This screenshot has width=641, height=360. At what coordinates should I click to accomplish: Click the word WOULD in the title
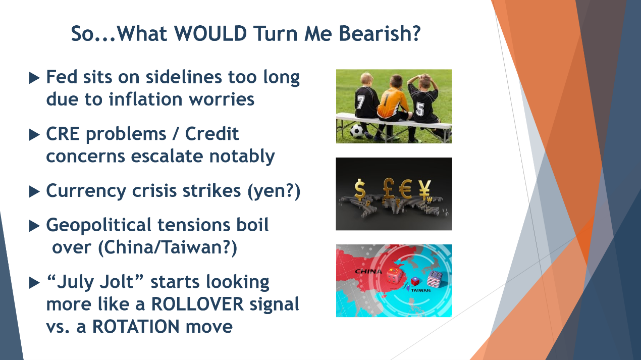pyautogui.click(x=210, y=33)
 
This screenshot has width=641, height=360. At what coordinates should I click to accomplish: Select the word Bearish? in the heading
pyautogui.click(x=380, y=33)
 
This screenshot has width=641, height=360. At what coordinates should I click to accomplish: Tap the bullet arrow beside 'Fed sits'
pyautogui.click(x=34, y=78)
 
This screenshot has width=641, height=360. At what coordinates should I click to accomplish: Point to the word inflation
pyautogui.click(x=146, y=99)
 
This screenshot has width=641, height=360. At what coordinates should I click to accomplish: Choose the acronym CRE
pyautogui.click(x=63, y=134)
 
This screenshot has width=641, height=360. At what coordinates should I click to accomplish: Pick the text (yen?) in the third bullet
pyautogui.click(x=274, y=191)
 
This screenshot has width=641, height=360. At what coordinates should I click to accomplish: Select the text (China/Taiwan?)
pyautogui.click(x=168, y=247)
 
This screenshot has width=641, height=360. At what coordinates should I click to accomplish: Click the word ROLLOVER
pyautogui.click(x=197, y=304)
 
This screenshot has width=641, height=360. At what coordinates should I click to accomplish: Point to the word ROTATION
pyautogui.click(x=136, y=327)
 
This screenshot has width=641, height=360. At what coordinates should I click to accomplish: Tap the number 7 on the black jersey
pyautogui.click(x=360, y=101)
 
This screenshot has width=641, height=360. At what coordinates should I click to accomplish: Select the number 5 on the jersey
pyautogui.click(x=419, y=109)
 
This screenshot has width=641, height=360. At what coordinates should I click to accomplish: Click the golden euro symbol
pyautogui.click(x=405, y=189)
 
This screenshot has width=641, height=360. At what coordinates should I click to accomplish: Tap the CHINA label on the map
pyautogui.click(x=368, y=271)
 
